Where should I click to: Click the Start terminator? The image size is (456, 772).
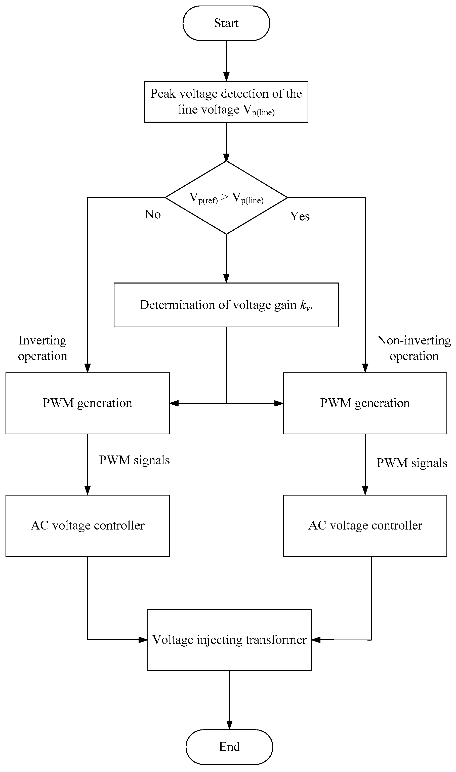click(x=226, y=23)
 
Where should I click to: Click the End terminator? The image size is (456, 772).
click(x=229, y=747)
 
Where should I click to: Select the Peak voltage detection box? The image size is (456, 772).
click(x=226, y=101)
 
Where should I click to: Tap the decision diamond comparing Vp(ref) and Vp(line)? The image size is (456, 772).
click(x=226, y=197)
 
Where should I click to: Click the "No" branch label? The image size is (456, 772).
click(x=153, y=214)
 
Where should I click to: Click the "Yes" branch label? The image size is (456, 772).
click(x=300, y=216)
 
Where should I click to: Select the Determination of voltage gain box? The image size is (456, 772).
click(x=226, y=305)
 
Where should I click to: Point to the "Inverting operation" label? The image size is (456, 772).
click(x=43, y=348)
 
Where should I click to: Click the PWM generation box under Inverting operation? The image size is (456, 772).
click(x=87, y=403)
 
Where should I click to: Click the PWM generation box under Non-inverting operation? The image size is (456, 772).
click(x=365, y=403)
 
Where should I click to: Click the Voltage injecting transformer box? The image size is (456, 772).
click(x=229, y=640)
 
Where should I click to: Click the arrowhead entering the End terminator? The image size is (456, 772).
click(x=229, y=725)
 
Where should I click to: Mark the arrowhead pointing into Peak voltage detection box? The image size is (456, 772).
click(x=226, y=77)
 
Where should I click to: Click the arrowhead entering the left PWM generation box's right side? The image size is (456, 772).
click(x=174, y=403)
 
